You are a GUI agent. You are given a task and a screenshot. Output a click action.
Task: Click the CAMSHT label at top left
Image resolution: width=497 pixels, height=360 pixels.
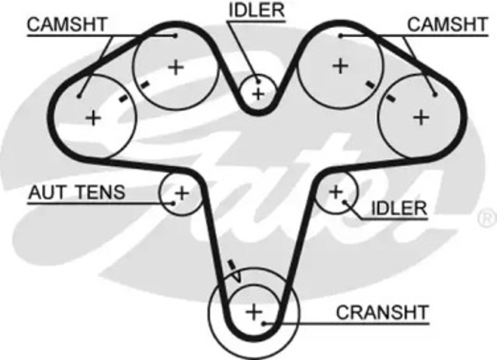(x=68, y=24)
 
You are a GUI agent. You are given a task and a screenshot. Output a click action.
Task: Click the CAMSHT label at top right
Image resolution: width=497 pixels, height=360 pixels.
(x=447, y=24)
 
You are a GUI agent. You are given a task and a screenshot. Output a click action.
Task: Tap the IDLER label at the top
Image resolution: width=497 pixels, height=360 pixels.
(x=256, y=10)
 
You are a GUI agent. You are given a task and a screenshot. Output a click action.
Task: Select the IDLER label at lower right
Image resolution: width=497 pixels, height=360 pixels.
(x=399, y=209)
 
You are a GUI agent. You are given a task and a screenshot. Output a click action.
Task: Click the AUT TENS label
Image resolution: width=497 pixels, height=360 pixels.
(x=77, y=192)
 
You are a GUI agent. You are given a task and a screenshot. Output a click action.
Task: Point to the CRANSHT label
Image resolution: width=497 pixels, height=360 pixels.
(x=382, y=313)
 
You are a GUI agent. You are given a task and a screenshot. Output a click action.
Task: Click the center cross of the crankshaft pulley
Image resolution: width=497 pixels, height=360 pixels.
(x=254, y=312)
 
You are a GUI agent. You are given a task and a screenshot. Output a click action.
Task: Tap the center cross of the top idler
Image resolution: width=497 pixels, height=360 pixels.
(x=259, y=94)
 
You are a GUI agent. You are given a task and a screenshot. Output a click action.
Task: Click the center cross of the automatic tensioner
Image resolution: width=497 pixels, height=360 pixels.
(x=182, y=193)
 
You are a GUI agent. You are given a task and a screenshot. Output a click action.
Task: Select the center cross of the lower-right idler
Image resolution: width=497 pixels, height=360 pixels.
(x=336, y=192)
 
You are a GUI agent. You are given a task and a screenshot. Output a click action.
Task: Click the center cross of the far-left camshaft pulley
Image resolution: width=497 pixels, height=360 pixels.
(x=93, y=118)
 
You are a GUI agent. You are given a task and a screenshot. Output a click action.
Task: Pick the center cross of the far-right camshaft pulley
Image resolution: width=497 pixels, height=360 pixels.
(x=421, y=118)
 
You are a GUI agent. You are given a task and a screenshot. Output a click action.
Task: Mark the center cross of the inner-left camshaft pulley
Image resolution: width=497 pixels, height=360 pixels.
(x=176, y=67)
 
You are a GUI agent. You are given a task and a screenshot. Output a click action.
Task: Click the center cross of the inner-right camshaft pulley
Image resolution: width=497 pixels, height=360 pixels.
(x=340, y=66)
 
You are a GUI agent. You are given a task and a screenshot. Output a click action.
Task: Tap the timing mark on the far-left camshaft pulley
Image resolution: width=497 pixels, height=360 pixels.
(x=123, y=99)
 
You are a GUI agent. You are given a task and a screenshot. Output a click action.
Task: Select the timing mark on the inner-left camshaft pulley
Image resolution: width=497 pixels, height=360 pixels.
(x=145, y=85)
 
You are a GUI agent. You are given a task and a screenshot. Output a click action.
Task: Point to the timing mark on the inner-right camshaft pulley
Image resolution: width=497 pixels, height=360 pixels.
(x=370, y=85)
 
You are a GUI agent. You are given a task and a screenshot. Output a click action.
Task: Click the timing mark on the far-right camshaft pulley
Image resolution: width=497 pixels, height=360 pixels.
(x=391, y=99)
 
